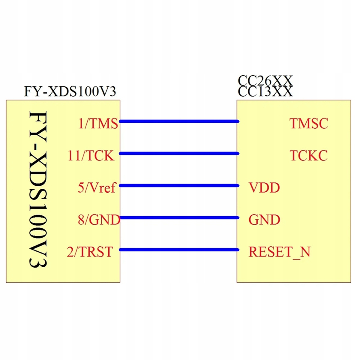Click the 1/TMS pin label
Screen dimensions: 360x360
point(98,124)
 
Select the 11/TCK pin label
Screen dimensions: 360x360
point(91,156)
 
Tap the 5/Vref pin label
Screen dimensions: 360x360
point(97,187)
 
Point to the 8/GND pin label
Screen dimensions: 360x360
point(99,220)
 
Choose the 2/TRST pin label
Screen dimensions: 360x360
point(90,252)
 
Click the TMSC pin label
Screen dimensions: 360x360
point(309,124)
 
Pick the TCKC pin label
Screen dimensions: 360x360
point(309,156)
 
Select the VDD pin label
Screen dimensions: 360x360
point(264,187)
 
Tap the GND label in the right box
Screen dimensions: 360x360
point(264,220)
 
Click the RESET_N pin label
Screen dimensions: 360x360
point(279,252)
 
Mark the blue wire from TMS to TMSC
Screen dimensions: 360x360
point(179,121)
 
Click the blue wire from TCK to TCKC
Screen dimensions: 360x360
point(179,154)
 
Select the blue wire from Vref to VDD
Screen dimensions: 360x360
point(179,185)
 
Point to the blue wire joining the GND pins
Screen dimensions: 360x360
point(179,217)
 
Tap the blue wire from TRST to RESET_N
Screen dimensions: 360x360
point(179,250)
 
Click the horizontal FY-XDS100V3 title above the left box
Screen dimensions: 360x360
point(70,91)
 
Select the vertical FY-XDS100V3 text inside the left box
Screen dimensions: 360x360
point(38,189)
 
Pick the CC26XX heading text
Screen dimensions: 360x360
point(265,81)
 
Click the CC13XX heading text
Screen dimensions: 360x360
point(265,91)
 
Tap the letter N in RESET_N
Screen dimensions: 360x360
point(305,252)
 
